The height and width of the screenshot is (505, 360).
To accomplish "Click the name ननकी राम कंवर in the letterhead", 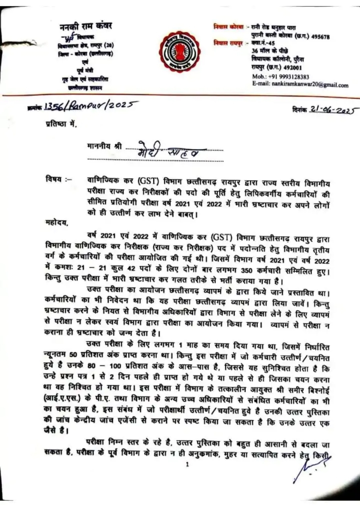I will tap(86, 26).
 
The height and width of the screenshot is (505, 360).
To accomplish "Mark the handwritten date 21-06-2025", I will tap(332, 110).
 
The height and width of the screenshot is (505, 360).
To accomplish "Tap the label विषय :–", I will tap(58, 179).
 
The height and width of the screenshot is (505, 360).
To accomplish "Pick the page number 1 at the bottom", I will tap(187, 464).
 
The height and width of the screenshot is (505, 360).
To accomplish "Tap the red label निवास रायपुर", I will tap(228, 44).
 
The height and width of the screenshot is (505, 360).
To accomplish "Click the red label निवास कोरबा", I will tap(228, 27).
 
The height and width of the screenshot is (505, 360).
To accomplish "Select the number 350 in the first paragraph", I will tap(246, 271).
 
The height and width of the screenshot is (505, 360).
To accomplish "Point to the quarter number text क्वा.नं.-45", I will tap(263, 44).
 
